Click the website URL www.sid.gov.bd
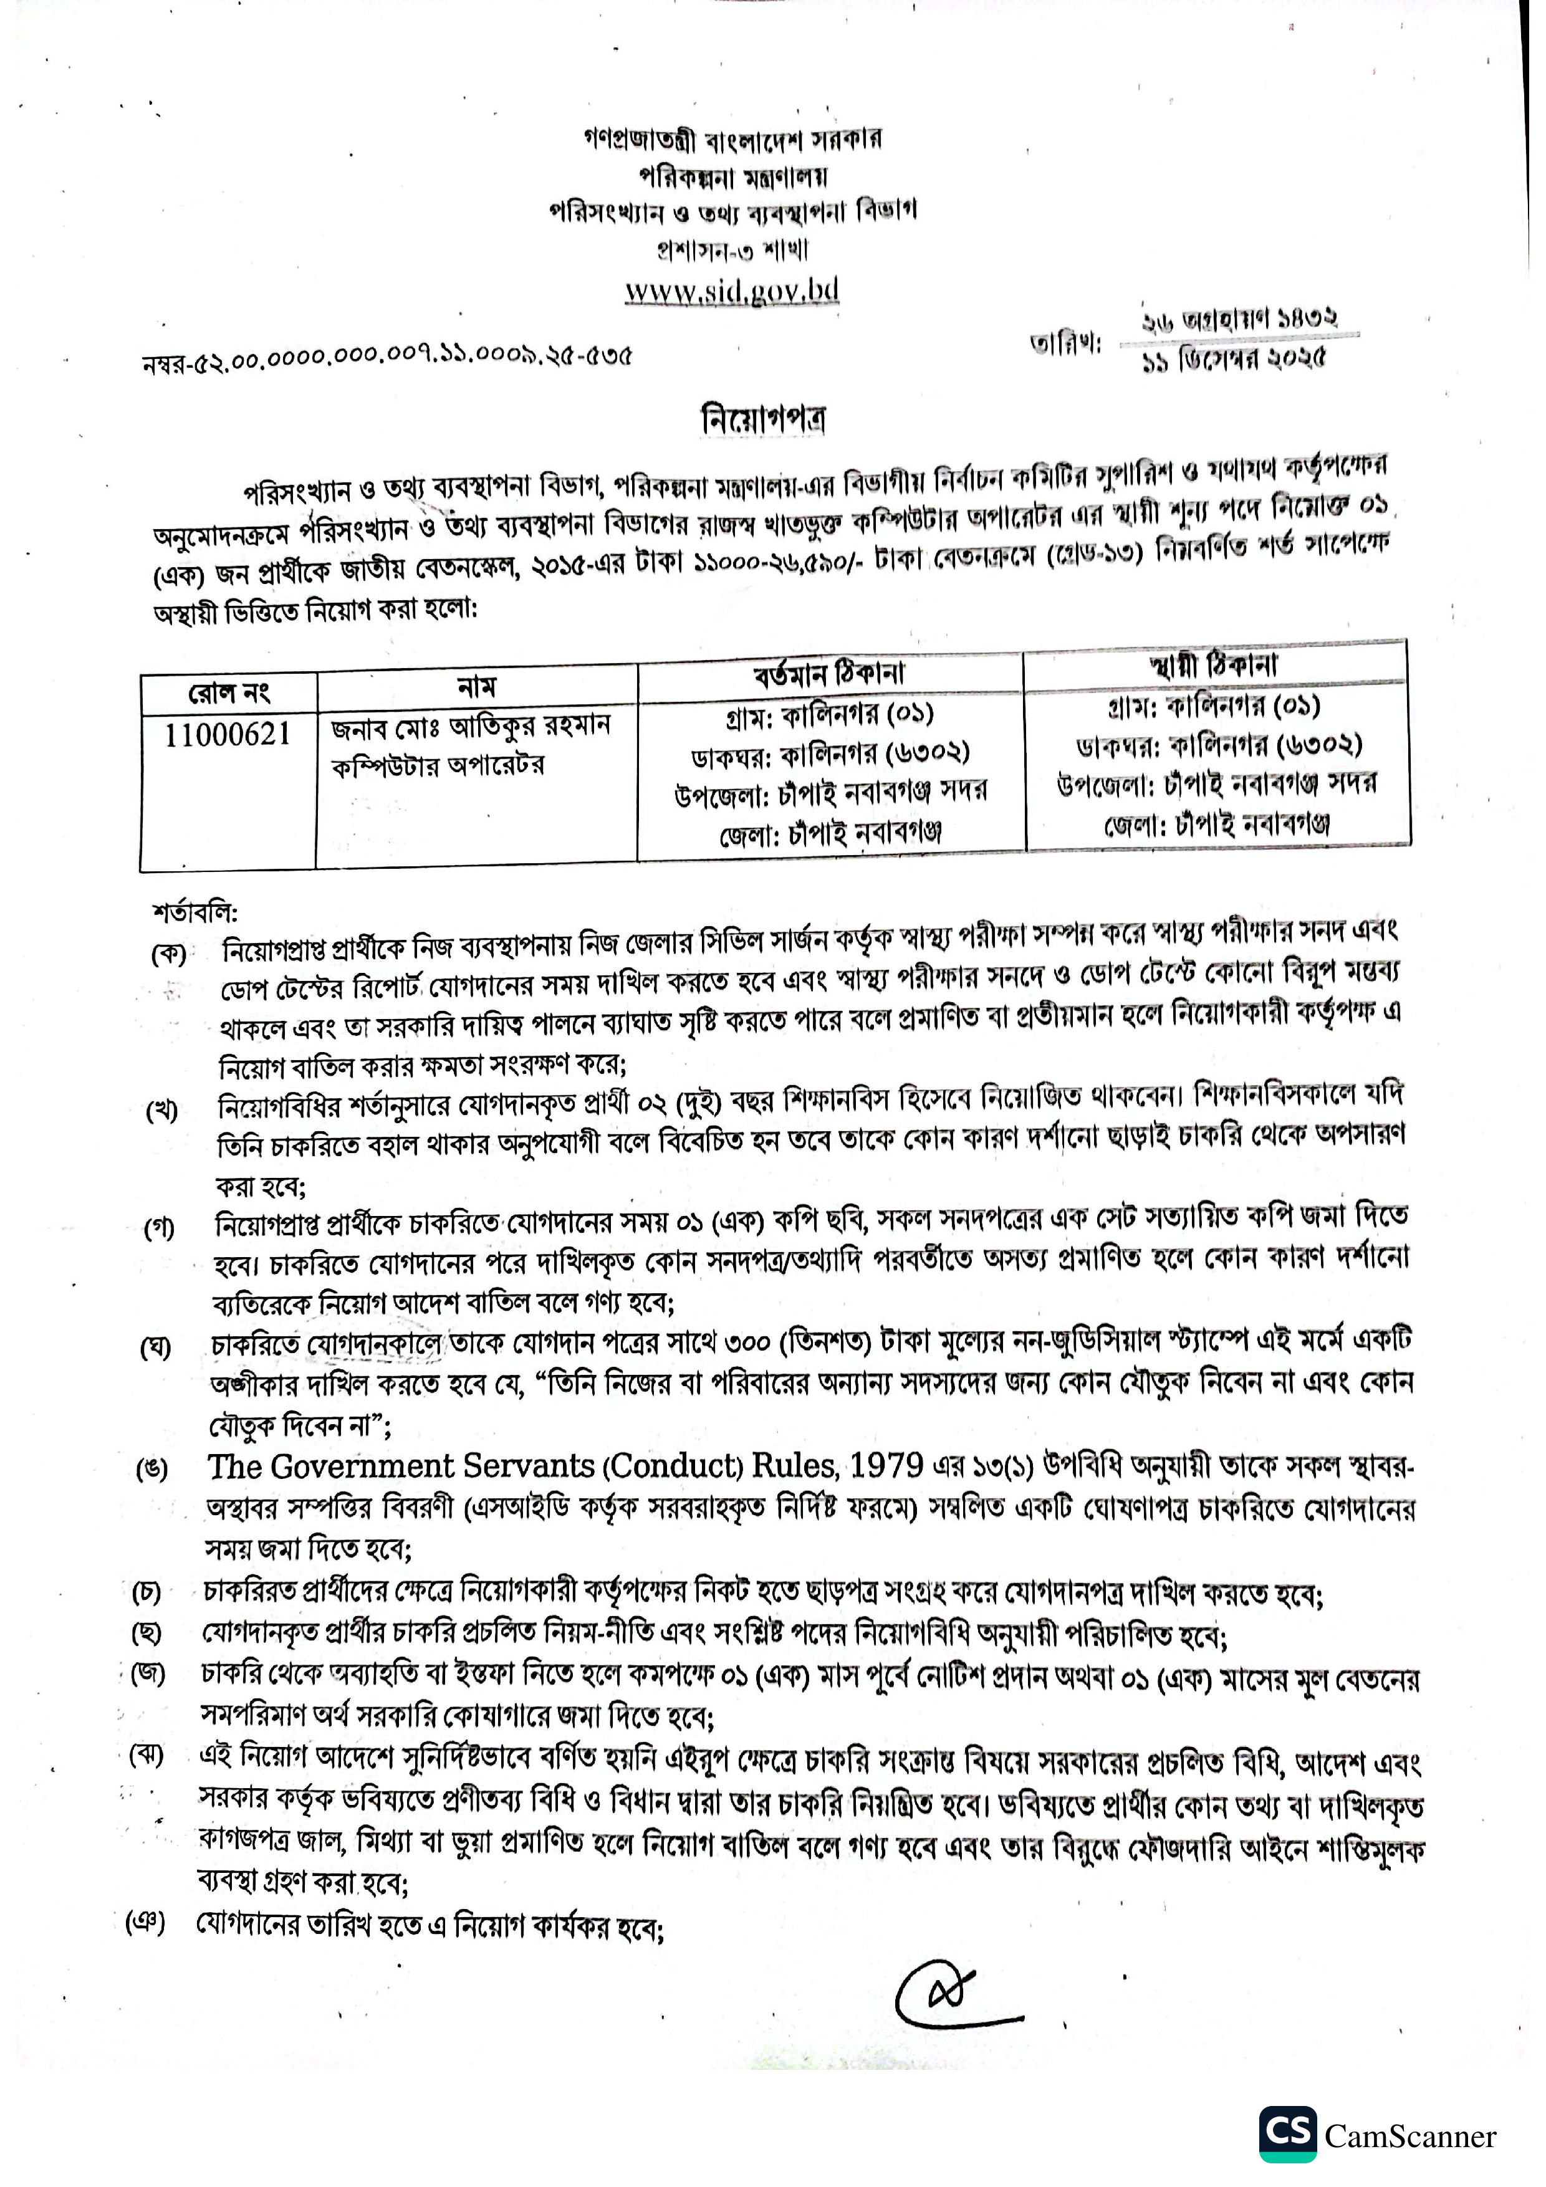[x=732, y=290]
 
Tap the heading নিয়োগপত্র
[x=763, y=419]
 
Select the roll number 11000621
[x=227, y=734]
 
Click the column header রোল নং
[x=229, y=692]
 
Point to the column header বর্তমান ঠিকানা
[x=828, y=674]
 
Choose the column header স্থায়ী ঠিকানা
[x=1214, y=664]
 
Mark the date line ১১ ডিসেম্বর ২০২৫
[x=1234, y=361]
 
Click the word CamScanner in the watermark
[x=1409, y=2137]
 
